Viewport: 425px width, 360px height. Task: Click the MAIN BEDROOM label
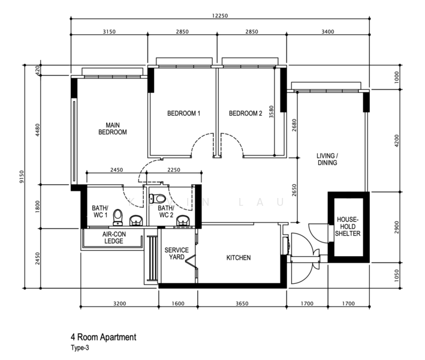pos(113,128)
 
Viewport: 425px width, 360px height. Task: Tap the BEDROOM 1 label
pos(183,113)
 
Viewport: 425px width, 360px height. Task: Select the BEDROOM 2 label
pos(246,113)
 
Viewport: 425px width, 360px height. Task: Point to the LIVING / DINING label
pos(327,159)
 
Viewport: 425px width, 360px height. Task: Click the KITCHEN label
pos(239,257)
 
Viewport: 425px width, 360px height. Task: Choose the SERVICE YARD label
pos(176,253)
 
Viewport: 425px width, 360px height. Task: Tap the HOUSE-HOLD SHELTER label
pos(348,226)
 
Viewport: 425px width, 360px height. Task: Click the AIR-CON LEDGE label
pos(114,238)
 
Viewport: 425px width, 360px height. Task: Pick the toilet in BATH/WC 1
pos(117,217)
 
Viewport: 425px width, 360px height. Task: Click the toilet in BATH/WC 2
pos(158,198)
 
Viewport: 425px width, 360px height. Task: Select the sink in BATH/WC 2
pos(184,220)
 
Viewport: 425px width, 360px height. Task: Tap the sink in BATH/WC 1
pos(136,220)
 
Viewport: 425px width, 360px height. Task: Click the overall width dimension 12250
pos(220,16)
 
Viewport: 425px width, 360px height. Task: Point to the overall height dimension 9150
pos(22,176)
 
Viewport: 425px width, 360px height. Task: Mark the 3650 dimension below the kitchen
pos(242,304)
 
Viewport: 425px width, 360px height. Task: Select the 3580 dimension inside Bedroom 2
pos(272,112)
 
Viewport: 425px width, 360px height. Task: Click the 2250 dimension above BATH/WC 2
pos(174,170)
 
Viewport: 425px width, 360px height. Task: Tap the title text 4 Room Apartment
pos(104,337)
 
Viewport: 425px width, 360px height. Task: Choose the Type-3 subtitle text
pos(80,347)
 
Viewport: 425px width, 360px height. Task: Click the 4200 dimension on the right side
pos(397,141)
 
